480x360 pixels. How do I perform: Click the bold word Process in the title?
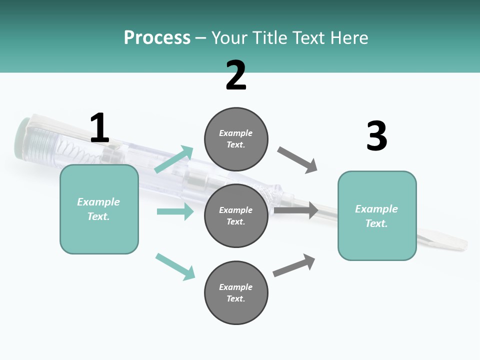[x=157, y=38]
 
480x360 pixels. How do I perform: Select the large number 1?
[x=99, y=128]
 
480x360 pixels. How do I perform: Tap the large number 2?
[x=236, y=75]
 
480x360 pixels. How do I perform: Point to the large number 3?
[x=376, y=136]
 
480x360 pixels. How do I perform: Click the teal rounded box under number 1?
[x=99, y=209]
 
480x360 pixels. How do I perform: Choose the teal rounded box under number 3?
[x=377, y=216]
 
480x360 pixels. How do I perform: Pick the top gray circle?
[x=236, y=139]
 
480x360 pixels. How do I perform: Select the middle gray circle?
[x=236, y=215]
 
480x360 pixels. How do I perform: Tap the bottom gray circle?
[x=236, y=292]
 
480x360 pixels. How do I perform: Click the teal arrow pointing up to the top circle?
[x=174, y=159]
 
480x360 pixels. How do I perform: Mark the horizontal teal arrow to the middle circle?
[x=175, y=211]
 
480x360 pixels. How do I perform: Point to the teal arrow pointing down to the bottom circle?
[x=175, y=266]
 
